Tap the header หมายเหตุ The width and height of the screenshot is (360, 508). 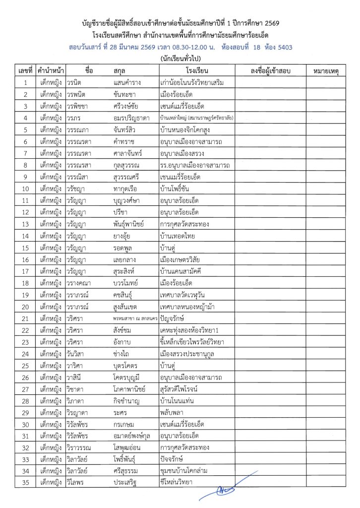326,71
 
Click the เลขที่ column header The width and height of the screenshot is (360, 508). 24,71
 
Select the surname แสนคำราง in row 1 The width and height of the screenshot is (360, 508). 128,83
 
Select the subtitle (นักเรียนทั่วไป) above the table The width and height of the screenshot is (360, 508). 180,59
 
